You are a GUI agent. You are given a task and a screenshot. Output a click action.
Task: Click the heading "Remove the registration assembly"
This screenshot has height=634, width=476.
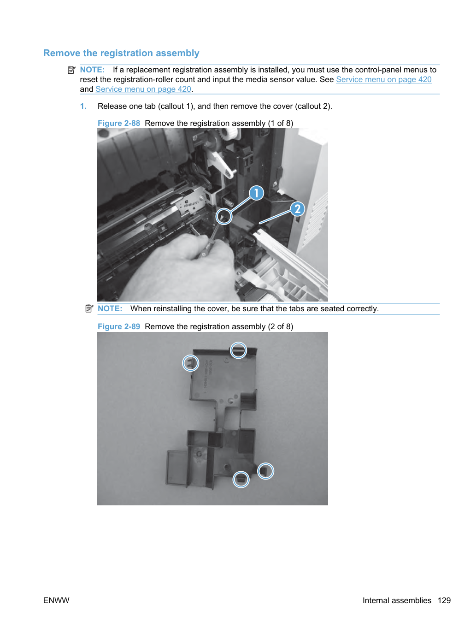[x=121, y=53]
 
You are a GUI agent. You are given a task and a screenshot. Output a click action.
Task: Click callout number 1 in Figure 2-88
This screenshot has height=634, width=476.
[x=256, y=193]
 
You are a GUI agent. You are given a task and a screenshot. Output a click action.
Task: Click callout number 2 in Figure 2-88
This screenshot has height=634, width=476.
[x=297, y=209]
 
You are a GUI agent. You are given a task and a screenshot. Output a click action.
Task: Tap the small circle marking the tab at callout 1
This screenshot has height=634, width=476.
[x=223, y=216]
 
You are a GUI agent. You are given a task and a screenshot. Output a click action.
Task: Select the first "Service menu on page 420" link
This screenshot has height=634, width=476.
[x=384, y=79]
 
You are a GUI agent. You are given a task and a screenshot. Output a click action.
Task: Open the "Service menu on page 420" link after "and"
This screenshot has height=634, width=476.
[x=143, y=89]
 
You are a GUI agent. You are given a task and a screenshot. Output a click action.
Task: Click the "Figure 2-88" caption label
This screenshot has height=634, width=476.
[x=118, y=123]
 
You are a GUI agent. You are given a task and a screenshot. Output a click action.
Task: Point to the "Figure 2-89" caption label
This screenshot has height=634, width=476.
[x=118, y=326]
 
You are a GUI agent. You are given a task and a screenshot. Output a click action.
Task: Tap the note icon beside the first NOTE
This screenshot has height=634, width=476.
[x=71, y=70]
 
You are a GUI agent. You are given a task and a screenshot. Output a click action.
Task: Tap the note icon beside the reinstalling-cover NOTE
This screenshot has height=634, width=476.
[x=89, y=308]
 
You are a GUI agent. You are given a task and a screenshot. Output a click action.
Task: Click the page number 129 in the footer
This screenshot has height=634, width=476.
[x=444, y=600]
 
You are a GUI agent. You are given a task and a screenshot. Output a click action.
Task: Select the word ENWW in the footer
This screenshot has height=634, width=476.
[x=56, y=600]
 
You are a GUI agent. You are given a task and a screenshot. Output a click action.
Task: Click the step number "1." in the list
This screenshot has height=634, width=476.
[x=83, y=107]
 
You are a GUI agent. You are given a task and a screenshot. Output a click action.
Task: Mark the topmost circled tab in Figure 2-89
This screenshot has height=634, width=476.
[x=238, y=350]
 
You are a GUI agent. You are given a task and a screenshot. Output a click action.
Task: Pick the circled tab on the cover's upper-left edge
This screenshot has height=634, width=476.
[x=190, y=363]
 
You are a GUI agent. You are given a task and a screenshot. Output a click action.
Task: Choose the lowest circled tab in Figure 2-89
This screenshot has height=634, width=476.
[x=241, y=480]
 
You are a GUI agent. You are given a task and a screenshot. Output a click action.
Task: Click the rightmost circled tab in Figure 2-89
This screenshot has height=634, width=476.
[x=265, y=471]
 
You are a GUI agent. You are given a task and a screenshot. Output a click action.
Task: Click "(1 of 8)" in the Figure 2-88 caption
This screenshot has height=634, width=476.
[x=280, y=123]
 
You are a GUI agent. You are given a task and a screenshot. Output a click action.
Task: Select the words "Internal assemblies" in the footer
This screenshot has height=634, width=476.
[x=397, y=600]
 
